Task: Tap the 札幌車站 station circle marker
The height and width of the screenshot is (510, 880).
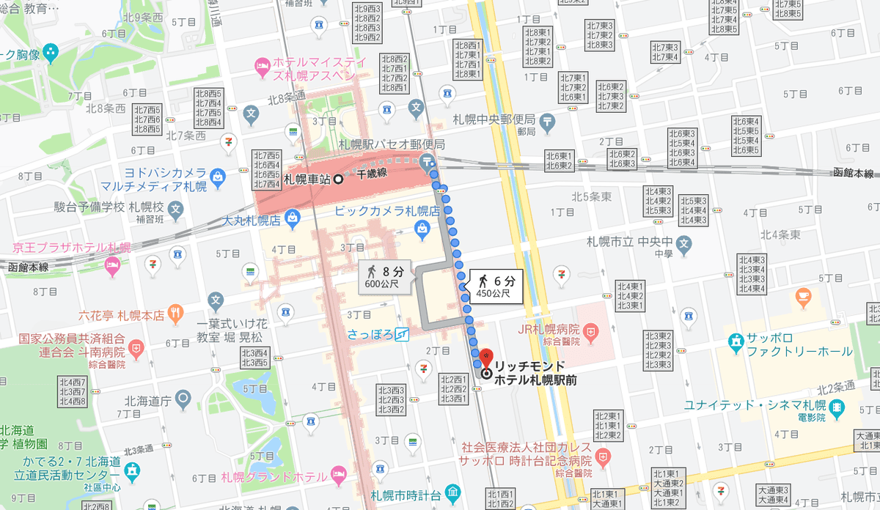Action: click(339, 179)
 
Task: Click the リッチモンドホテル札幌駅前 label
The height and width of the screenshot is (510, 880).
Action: click(535, 372)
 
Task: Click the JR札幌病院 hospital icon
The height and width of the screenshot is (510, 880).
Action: click(593, 333)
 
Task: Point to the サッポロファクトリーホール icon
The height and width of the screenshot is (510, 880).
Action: click(735, 341)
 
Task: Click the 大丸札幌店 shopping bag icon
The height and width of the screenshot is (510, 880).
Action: click(292, 218)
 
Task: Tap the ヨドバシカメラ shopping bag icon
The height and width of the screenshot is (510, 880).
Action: click(217, 176)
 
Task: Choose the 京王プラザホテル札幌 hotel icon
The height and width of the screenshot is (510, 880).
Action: click(111, 265)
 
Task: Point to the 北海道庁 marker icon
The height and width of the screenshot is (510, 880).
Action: click(183, 399)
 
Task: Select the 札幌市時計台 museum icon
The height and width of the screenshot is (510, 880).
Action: click(452, 492)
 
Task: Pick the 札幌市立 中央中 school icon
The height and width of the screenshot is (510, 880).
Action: click(683, 243)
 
